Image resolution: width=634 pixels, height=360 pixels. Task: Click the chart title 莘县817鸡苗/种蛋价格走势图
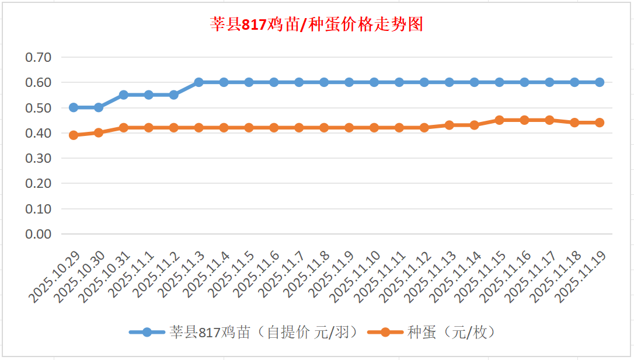pos(316,25)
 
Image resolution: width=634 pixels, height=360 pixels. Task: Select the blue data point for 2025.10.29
pos(74,107)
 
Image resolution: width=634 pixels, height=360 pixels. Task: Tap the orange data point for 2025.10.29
pos(74,135)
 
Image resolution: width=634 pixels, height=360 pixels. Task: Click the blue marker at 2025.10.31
pos(124,95)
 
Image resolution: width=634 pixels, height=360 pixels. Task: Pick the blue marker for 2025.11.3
pos(198,82)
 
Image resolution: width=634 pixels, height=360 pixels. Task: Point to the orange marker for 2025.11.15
pos(499,120)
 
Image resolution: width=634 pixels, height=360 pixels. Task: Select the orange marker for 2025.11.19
pos(600,123)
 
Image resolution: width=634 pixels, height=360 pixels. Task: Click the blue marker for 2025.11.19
pos(600,82)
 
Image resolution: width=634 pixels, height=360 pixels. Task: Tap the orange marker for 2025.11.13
pos(450,125)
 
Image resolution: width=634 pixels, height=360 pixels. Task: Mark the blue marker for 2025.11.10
pos(374,82)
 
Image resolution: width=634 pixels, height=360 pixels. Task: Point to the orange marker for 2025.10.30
pos(99,132)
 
